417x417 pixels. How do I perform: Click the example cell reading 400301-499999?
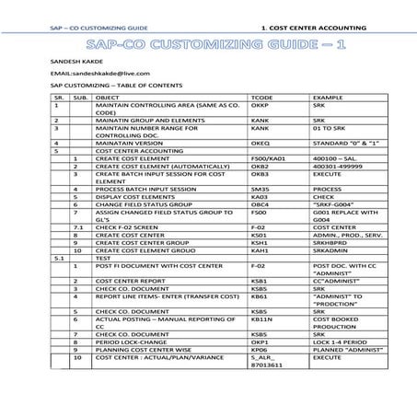tap(339, 167)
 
